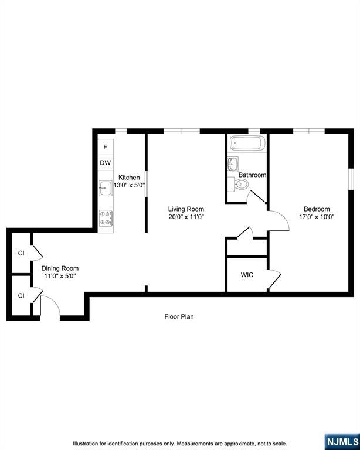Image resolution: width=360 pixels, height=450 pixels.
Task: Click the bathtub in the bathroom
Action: click(x=247, y=143)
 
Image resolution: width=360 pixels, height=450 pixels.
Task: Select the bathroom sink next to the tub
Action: click(x=233, y=164)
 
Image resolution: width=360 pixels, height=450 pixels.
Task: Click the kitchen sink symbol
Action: click(x=106, y=188)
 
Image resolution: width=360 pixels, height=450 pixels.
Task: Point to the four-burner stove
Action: click(x=106, y=218)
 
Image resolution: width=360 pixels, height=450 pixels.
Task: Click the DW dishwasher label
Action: click(x=106, y=163)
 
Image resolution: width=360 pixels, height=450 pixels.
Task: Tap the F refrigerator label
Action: click(x=106, y=147)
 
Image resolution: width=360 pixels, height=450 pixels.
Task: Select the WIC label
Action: click(x=247, y=275)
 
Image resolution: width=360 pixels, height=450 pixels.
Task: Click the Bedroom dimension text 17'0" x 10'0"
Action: click(x=317, y=217)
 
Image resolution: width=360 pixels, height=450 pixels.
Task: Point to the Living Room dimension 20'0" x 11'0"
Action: click(x=186, y=217)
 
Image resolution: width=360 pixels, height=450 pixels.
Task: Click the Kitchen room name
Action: click(x=129, y=178)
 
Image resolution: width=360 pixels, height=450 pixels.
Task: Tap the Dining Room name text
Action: click(x=60, y=268)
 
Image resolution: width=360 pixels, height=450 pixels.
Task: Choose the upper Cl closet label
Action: click(x=21, y=253)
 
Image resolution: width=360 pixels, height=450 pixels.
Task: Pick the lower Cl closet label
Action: click(x=21, y=295)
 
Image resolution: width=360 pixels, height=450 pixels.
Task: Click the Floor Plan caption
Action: click(x=179, y=316)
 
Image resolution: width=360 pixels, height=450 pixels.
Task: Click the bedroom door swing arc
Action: click(x=284, y=217)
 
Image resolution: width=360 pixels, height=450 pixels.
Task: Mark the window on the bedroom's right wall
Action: click(x=351, y=179)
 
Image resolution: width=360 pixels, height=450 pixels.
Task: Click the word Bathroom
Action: click(x=252, y=175)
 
